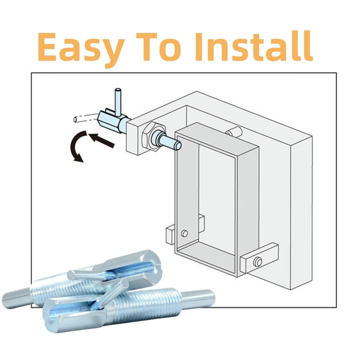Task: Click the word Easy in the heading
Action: pyautogui.click(x=81, y=49)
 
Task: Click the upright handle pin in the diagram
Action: pyautogui.click(x=118, y=102)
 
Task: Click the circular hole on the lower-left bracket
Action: pyautogui.click(x=184, y=233)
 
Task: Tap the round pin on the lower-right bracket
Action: pyautogui.click(x=258, y=262)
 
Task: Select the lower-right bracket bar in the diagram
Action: pyautogui.click(x=259, y=258)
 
